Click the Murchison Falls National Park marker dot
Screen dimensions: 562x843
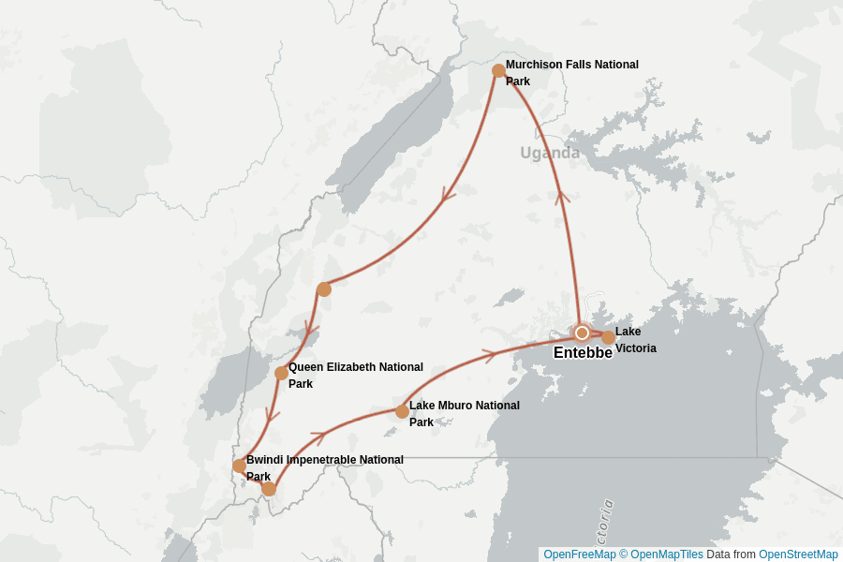tap(498, 71)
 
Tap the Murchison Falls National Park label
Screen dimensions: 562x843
tap(571, 73)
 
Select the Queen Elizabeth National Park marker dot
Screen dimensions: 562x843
tap(281, 373)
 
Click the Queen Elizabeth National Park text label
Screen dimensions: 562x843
tap(355, 376)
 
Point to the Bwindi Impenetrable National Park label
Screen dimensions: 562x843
tap(324, 467)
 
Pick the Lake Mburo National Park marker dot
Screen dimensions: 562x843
tap(402, 411)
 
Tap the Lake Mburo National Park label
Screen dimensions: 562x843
tap(464, 413)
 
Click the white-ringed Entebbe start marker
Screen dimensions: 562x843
tap(582, 333)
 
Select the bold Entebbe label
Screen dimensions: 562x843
tap(583, 353)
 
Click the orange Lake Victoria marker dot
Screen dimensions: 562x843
tap(608, 337)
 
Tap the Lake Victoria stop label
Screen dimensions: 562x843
tap(635, 340)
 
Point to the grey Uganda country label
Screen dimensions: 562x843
tap(550, 153)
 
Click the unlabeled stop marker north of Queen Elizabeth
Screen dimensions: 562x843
tap(324, 289)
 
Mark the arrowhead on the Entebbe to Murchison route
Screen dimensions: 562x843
tap(562, 197)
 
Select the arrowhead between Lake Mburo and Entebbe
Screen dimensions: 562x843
tap(488, 355)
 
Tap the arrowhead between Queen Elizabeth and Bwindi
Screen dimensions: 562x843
tap(273, 414)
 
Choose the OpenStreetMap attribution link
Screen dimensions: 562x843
tap(798, 555)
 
